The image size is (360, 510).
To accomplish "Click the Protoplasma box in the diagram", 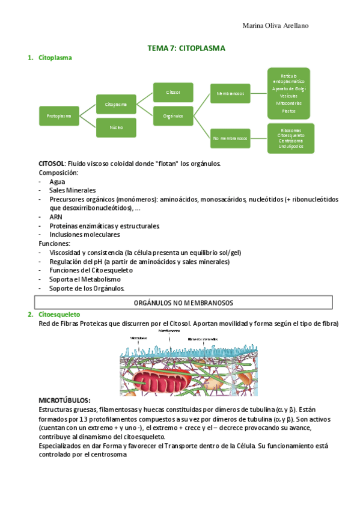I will click(59, 115).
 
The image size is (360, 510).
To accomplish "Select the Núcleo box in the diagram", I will click(116, 127).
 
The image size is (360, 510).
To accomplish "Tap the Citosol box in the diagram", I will click(173, 92).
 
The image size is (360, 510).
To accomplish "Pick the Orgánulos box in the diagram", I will click(173, 115).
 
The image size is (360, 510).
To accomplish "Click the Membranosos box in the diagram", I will click(230, 93).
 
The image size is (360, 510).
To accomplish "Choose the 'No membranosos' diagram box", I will click(230, 138).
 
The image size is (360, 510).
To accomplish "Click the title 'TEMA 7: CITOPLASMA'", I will click(186, 48).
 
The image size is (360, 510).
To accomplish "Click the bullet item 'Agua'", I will click(58, 181).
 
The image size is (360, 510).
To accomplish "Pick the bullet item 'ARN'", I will click(56, 217).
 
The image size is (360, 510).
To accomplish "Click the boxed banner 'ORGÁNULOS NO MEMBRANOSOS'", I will click(183, 303).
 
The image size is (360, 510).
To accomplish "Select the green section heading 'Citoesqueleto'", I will click(59, 315).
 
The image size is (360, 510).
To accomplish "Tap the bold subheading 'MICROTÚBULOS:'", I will click(64, 400).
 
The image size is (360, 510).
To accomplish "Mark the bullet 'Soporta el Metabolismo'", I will click(85, 279).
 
